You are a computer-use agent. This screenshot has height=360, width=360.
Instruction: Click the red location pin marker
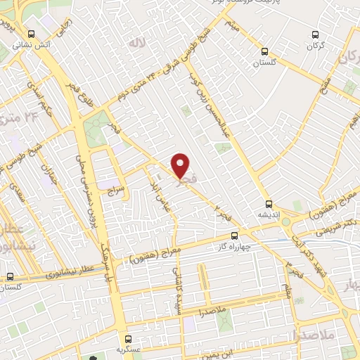[x=181, y=165]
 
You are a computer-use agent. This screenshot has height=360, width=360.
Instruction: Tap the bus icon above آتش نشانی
[x=30, y=33]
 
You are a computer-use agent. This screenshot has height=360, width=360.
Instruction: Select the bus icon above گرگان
[x=314, y=33]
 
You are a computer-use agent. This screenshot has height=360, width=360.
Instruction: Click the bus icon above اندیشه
[x=269, y=203]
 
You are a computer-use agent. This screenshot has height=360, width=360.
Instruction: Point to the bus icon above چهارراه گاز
[x=235, y=236]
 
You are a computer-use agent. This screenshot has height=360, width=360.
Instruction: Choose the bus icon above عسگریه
[x=128, y=338]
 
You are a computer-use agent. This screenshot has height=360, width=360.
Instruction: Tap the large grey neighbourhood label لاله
[x=136, y=44]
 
